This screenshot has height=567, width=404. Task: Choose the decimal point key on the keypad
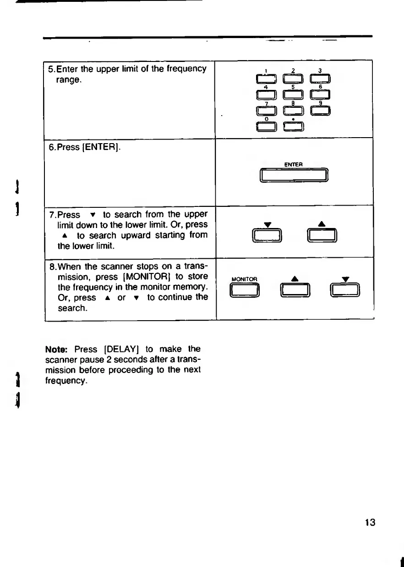tap(294, 126)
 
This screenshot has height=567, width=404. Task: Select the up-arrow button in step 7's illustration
tap(322, 235)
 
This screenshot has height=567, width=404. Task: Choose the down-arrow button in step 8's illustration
tap(347, 290)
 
